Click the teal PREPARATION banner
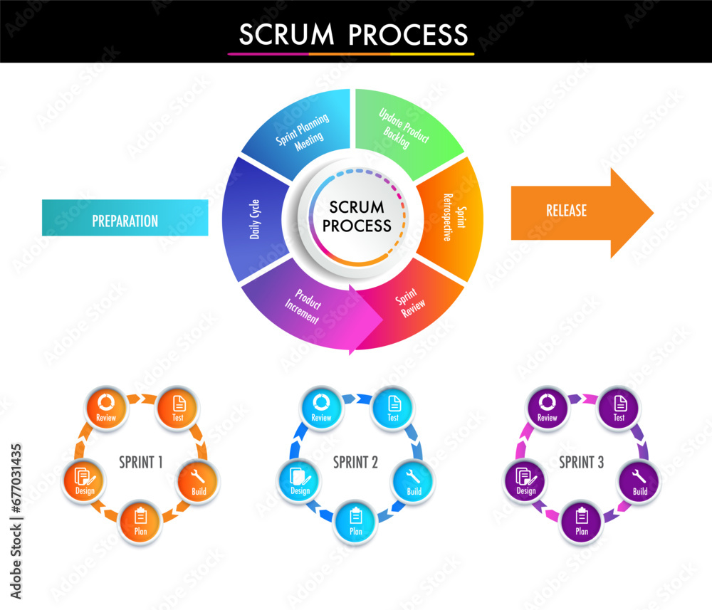[x=125, y=218]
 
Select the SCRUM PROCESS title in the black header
[x=353, y=34]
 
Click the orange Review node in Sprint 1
[x=106, y=408]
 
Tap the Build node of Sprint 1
[x=199, y=481]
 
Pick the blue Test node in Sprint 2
[x=392, y=408]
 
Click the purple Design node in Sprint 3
[x=525, y=481]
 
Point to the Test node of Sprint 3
[x=619, y=408]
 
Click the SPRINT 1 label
[x=141, y=462]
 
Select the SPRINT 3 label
[x=581, y=462]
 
